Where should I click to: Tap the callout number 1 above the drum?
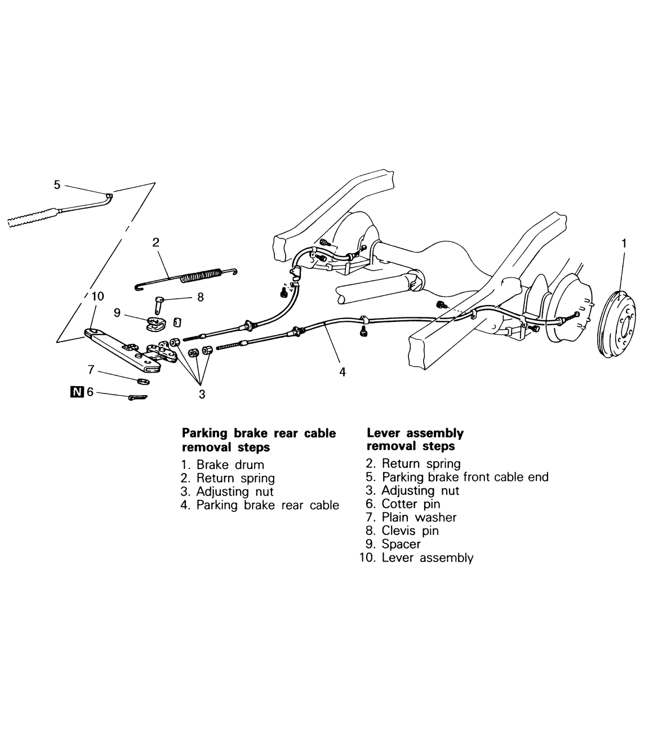coord(624,244)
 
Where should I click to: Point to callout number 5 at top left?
coord(57,184)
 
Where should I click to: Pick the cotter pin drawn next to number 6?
coord(137,397)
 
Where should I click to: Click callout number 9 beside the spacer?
coord(117,312)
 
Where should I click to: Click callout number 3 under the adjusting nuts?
coord(202,395)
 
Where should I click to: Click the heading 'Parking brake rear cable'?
coord(259,433)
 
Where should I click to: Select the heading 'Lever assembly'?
coord(415,433)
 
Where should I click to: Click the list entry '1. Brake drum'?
coord(223,465)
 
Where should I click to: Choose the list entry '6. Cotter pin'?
coord(403,504)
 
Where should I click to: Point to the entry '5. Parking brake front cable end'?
coord(457,477)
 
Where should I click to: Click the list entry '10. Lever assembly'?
coord(416,558)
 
